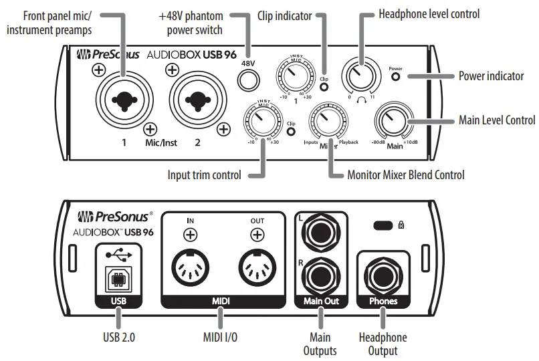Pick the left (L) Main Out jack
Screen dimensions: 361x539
321,233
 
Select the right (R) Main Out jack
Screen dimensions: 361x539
321,275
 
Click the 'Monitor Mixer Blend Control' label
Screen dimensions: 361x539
405,175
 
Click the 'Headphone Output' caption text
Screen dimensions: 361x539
383,344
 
